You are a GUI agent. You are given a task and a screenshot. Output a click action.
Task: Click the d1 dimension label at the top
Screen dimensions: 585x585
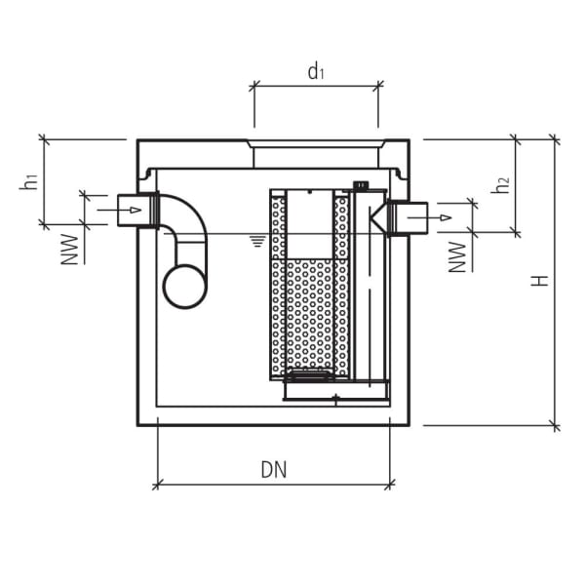click(x=315, y=71)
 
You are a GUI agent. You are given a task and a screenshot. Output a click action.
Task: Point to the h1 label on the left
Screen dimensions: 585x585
click(x=29, y=181)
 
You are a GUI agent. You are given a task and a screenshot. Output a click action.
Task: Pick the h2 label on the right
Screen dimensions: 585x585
click(x=500, y=184)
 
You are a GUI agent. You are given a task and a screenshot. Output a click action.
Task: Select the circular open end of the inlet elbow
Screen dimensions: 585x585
click(x=185, y=286)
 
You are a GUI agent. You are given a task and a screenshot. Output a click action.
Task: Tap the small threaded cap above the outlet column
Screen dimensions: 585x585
click(x=360, y=185)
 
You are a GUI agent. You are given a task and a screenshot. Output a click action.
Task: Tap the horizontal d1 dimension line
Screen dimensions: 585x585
click(x=316, y=87)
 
